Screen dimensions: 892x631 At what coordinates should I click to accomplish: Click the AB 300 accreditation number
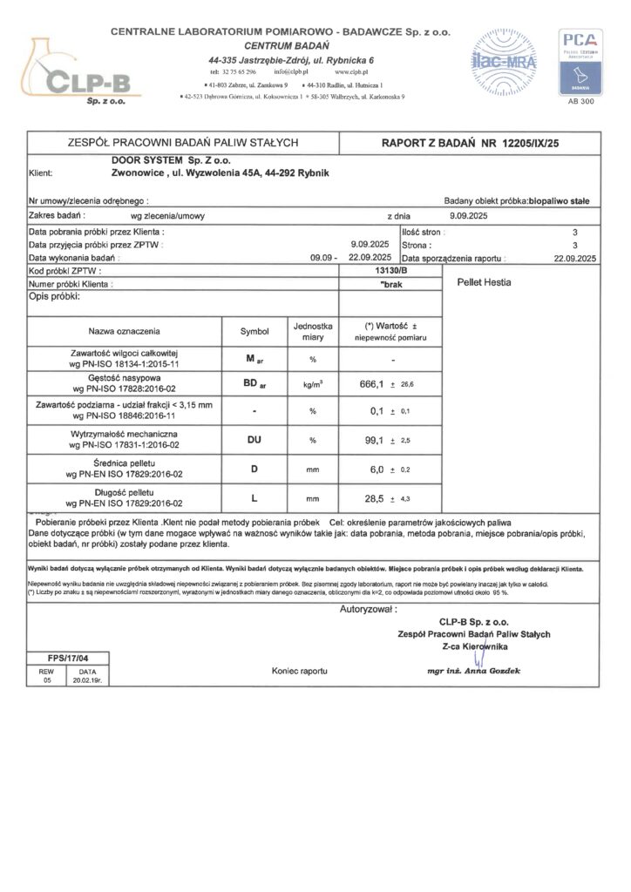tap(580, 102)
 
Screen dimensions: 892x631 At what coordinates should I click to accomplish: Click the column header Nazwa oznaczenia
tap(123, 331)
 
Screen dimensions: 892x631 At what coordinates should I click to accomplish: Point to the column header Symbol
tap(255, 331)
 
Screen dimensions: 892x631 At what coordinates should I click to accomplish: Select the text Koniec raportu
tap(298, 672)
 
